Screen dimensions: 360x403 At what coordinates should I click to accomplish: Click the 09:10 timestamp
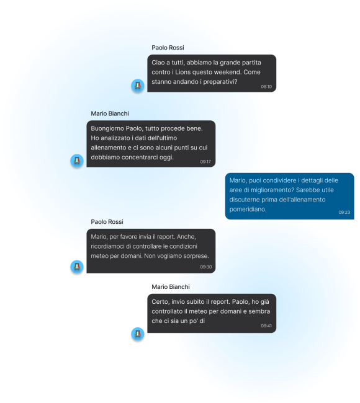click(266, 87)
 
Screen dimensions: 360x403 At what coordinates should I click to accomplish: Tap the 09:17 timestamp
click(205, 162)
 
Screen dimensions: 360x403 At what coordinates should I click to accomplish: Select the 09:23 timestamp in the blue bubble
click(344, 212)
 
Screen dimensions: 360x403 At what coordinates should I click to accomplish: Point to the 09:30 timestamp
click(206, 267)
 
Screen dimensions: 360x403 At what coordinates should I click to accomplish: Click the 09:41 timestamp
click(266, 325)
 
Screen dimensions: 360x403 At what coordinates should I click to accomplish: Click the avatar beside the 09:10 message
click(138, 86)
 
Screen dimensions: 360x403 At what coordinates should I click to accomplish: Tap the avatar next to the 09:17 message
click(77, 161)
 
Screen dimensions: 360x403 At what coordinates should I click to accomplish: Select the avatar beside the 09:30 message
click(77, 267)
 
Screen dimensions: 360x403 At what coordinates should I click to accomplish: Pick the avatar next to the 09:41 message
click(138, 334)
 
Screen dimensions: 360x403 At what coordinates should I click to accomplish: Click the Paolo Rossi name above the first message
click(168, 48)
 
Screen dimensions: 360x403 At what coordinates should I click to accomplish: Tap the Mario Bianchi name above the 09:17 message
click(110, 113)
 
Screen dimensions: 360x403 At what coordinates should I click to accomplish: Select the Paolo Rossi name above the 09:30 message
click(107, 222)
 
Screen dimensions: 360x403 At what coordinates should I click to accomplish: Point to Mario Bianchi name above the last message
click(171, 287)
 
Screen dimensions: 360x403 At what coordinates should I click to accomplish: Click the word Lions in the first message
click(183, 72)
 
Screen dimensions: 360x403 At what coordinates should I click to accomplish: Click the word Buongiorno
click(107, 128)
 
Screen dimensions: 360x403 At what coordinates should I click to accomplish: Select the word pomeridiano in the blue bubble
click(248, 209)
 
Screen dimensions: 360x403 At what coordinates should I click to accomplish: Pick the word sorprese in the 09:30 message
click(198, 256)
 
